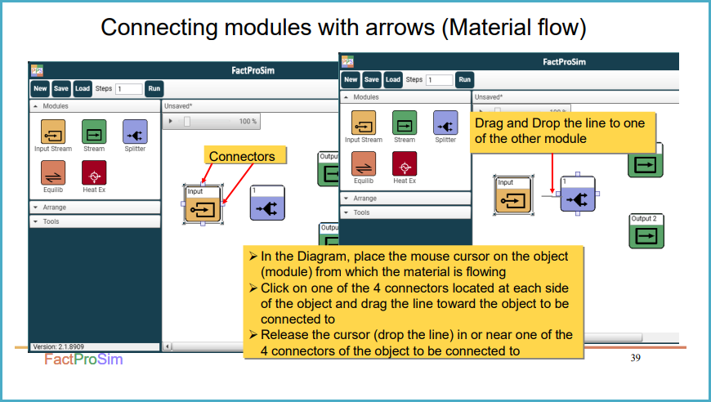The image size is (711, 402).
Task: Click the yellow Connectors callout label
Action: [245, 155]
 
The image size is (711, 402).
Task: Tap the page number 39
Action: [635, 358]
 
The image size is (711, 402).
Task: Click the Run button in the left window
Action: [154, 89]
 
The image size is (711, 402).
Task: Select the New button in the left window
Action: [40, 89]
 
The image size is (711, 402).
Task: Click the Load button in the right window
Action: [392, 80]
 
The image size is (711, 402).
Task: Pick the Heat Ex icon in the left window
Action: [94, 172]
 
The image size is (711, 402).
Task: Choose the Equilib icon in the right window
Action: [364, 163]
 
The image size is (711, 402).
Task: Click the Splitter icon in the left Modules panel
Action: [135, 132]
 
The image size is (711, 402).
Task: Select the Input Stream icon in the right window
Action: [364, 123]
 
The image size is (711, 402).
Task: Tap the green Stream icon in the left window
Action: [94, 132]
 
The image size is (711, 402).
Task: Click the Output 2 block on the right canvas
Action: [646, 231]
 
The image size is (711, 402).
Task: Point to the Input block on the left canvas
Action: [203, 204]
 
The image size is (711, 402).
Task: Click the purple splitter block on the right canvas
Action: [577, 194]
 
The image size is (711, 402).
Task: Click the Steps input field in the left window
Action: [129, 89]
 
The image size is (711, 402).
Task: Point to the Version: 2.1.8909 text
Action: [59, 346]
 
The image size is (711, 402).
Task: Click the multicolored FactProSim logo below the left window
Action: [83, 360]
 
